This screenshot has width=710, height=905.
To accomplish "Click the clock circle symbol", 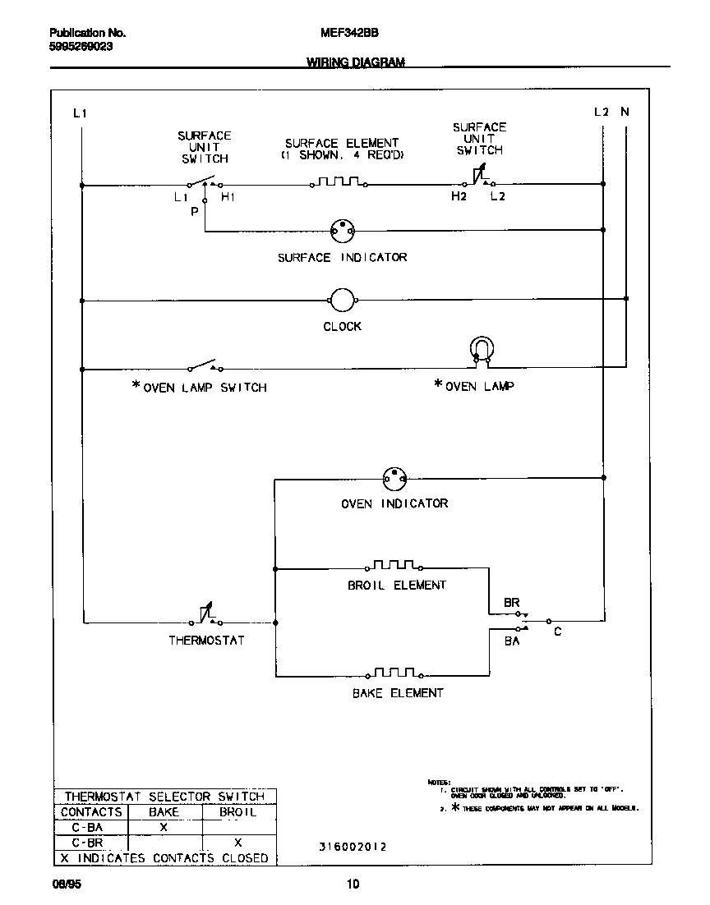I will (342, 301).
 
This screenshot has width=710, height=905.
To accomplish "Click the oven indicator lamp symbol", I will (394, 477).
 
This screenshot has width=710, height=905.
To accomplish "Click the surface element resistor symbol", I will (339, 182).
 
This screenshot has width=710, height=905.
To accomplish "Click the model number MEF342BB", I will (343, 34).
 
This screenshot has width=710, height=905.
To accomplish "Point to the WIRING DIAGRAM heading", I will (356, 62).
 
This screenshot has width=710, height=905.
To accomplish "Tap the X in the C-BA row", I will (164, 827).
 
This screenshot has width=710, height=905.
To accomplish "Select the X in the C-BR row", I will (237, 843).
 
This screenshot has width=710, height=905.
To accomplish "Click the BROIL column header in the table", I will (238, 812).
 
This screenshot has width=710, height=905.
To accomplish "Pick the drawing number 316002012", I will (353, 847).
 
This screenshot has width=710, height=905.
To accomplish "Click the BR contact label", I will (512, 603).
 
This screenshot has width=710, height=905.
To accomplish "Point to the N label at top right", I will (625, 113).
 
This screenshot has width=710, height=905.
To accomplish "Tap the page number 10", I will (353, 884).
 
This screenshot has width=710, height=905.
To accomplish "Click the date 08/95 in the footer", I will (62, 884).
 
